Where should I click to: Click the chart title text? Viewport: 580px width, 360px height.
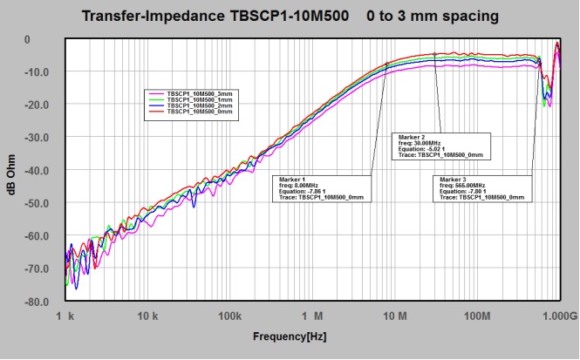[x=290, y=17]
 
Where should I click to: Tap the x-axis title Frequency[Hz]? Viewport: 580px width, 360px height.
[x=291, y=336]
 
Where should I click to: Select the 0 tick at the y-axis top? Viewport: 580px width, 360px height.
[x=51, y=39]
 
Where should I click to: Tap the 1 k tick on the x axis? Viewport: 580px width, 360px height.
[x=62, y=314]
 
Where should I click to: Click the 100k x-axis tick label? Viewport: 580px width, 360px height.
[x=229, y=314]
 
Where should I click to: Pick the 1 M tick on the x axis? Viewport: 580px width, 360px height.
[x=313, y=314]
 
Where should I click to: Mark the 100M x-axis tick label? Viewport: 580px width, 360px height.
[x=477, y=314]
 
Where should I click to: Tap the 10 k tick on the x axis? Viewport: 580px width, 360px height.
[x=147, y=314]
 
